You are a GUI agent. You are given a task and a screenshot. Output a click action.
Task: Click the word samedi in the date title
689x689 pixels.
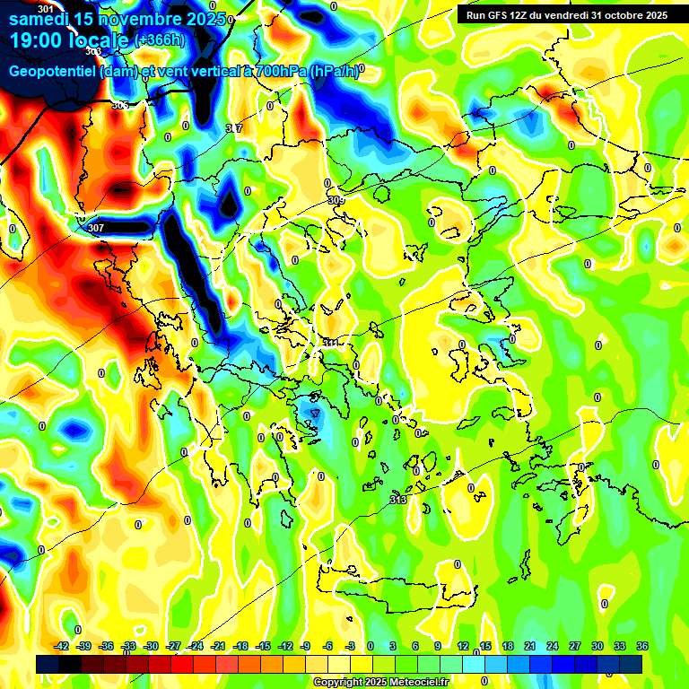tap(42, 18)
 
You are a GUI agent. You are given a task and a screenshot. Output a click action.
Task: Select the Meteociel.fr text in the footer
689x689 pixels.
tap(416, 683)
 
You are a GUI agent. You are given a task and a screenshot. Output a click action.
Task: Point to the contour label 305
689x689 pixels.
tap(119, 105)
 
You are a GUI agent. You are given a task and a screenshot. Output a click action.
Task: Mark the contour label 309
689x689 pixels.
tap(336, 200)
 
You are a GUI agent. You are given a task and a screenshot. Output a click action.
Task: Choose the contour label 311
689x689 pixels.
tap(331, 343)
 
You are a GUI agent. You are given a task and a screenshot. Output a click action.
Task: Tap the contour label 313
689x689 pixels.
tap(398, 500)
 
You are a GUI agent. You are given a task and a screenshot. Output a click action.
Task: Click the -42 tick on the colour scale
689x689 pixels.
tap(62, 646)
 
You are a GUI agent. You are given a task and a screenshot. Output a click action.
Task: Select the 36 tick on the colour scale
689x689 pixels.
tap(641, 646)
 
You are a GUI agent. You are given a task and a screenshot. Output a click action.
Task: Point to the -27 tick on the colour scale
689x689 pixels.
tap(173, 646)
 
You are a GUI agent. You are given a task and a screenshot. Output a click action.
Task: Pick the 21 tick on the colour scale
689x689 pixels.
tap(530, 646)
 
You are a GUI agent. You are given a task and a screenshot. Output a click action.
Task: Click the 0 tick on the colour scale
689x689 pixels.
tap(371, 646)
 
